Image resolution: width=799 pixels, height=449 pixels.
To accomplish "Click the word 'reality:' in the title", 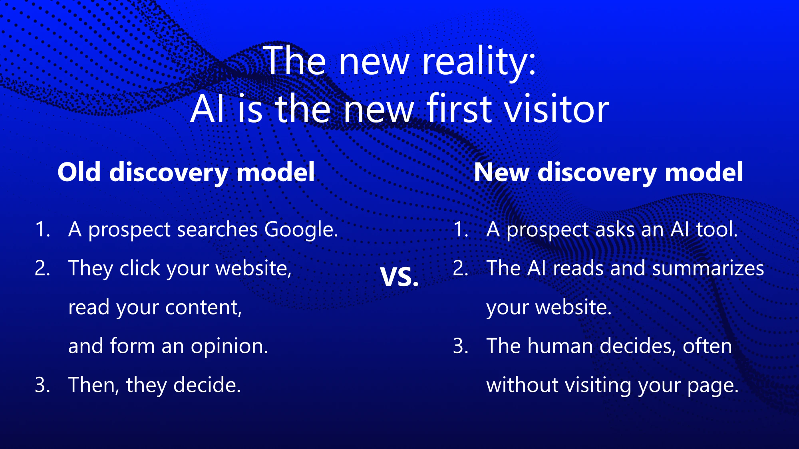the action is [479, 62].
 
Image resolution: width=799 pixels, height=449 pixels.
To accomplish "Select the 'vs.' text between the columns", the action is [399, 276].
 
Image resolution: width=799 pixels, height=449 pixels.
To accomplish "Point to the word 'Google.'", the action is [301, 230].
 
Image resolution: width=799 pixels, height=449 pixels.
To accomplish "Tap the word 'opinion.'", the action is [230, 346].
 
